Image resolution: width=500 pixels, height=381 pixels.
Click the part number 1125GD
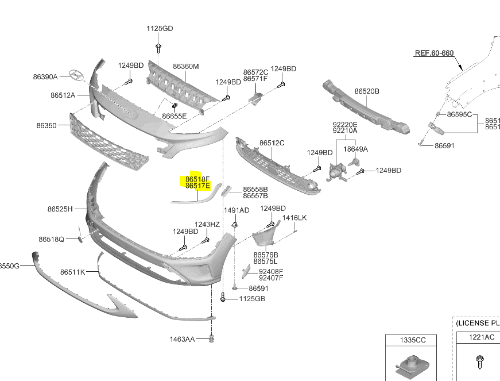(x=159, y=28)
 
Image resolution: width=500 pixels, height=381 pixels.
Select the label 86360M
(x=185, y=67)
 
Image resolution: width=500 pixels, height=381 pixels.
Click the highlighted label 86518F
(x=197, y=179)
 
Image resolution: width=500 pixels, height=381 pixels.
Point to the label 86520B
(x=367, y=91)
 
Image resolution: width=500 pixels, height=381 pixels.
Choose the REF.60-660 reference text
(x=434, y=53)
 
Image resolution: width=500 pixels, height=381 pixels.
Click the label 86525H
(x=60, y=209)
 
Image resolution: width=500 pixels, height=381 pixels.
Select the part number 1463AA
(x=182, y=340)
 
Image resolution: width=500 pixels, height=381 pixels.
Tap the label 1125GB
(x=253, y=299)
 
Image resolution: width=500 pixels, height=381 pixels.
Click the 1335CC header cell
(x=413, y=340)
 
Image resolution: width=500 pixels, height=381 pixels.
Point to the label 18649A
(x=355, y=149)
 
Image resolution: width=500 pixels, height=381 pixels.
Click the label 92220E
(x=344, y=124)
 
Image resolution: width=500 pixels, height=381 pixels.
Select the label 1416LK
(x=294, y=218)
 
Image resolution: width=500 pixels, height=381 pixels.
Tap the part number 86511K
(x=72, y=272)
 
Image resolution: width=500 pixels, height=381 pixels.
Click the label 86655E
(x=174, y=116)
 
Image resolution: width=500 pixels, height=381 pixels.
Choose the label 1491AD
(x=237, y=210)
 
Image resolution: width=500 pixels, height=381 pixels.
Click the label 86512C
(x=272, y=143)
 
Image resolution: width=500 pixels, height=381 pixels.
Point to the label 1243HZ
(x=207, y=224)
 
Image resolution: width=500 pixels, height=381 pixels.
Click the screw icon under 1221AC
(x=479, y=361)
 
